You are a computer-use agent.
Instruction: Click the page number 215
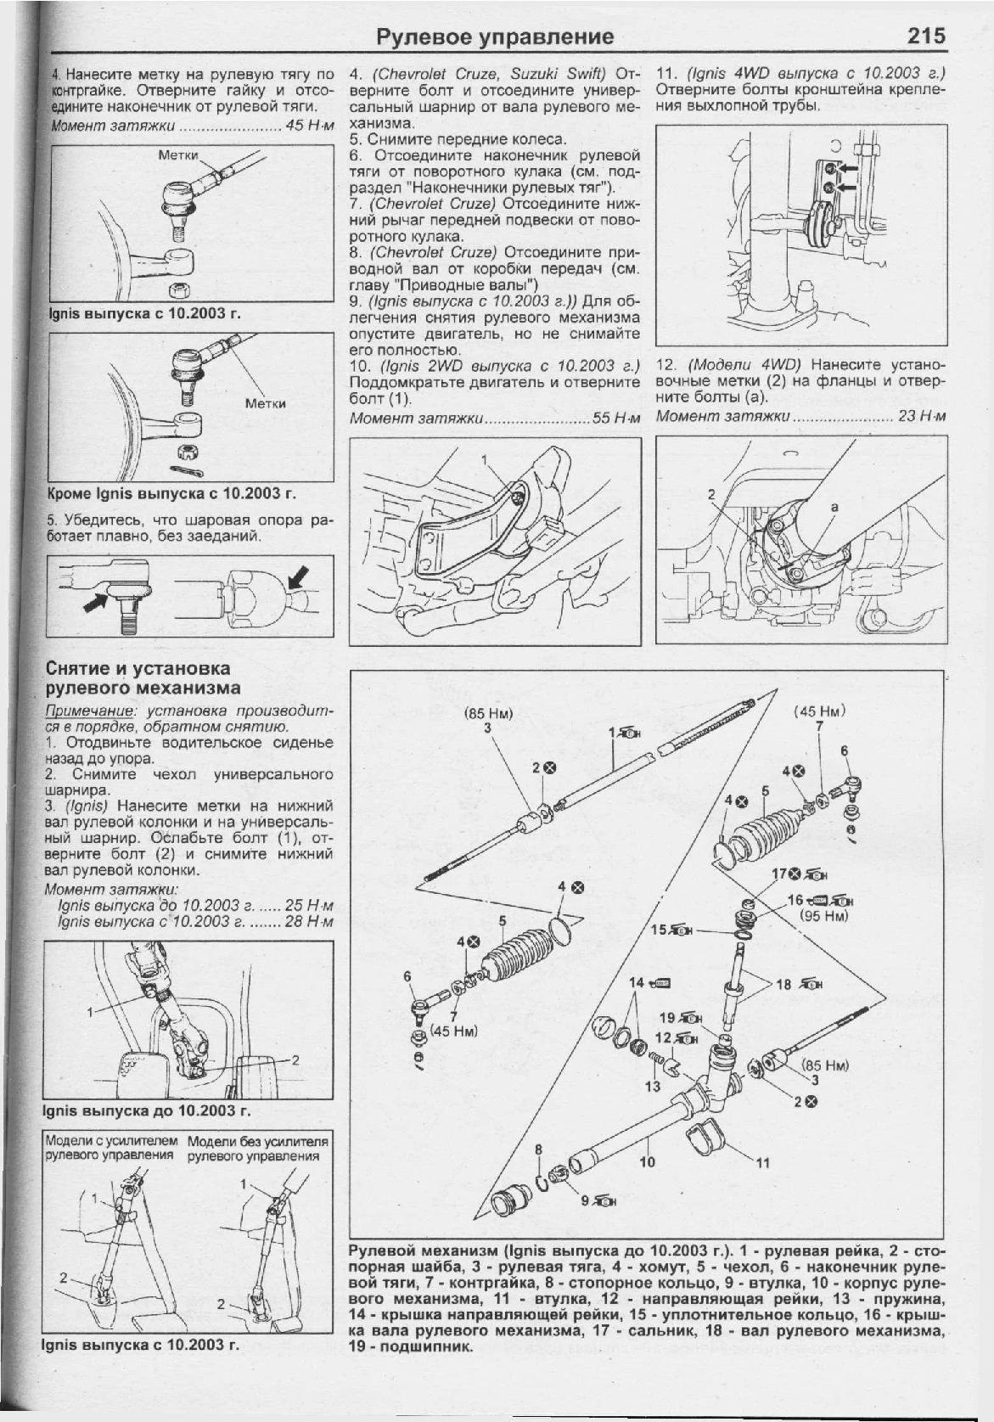coord(925,37)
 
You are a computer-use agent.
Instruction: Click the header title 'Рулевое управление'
coord(494,37)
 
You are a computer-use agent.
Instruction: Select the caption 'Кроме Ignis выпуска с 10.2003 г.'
coord(171,494)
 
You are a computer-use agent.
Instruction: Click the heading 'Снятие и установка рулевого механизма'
coord(143,678)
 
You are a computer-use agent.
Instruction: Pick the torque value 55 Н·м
coord(617,419)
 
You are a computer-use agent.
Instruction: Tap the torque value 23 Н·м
coord(922,417)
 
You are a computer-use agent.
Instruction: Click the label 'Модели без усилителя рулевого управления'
coord(257,1149)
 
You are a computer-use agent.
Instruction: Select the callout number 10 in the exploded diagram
coord(648,1161)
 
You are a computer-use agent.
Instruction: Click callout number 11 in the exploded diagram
coord(762,1163)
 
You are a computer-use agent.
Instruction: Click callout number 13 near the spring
coord(652,1086)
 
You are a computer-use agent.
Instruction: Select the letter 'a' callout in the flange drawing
coord(835,507)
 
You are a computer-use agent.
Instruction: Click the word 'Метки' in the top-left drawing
coord(179,155)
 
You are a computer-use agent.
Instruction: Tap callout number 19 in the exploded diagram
coord(667,1017)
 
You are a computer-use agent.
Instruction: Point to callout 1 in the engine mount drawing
coord(485,460)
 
